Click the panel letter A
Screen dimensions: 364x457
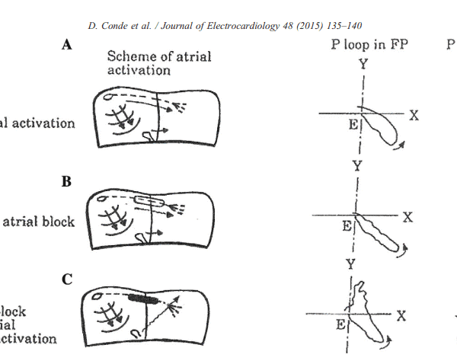point(67,46)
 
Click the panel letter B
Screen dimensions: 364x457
point(67,183)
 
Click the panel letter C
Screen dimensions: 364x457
point(67,279)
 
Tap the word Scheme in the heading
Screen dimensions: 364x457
point(130,56)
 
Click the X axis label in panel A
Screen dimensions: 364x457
point(414,115)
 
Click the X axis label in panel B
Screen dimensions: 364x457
point(407,217)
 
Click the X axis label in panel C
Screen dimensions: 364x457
point(401,315)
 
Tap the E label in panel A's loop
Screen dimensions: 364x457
point(353,126)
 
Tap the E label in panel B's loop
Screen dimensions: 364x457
point(347,226)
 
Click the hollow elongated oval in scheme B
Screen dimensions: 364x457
point(151,201)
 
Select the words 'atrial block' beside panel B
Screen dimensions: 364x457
point(38,222)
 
